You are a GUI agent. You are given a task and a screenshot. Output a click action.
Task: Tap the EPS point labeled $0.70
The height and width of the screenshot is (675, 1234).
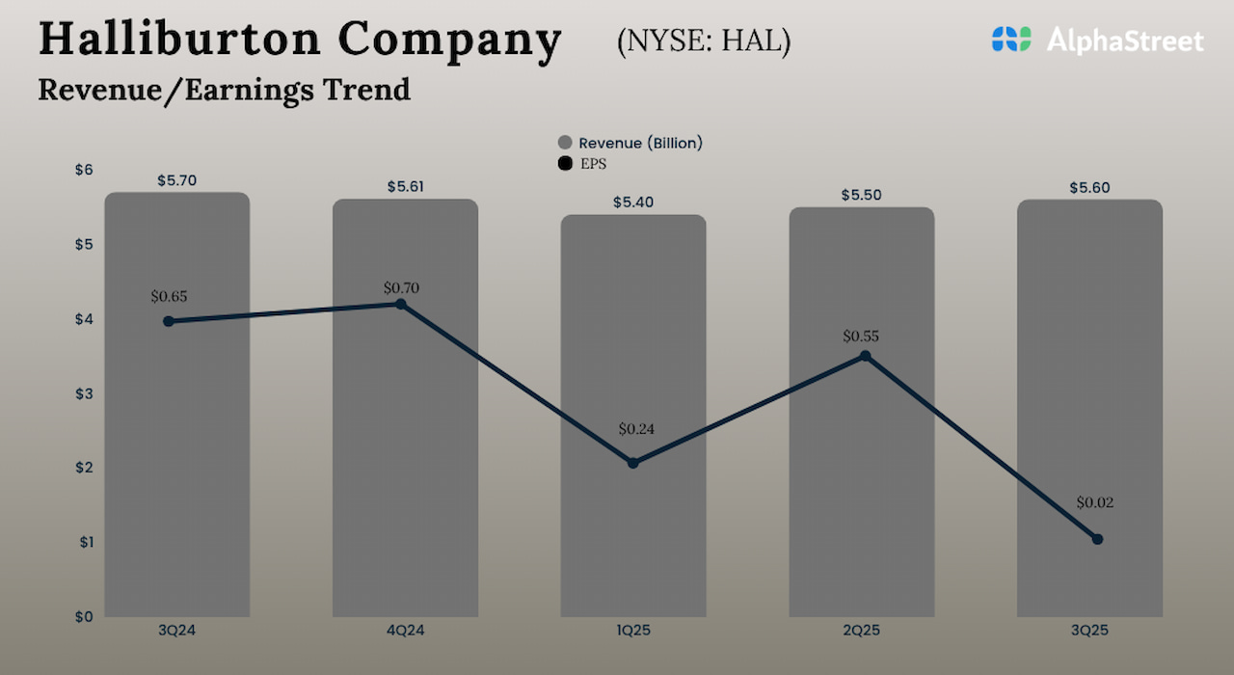click(401, 304)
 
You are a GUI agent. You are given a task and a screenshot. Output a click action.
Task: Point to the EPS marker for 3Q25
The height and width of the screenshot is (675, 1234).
click(1097, 539)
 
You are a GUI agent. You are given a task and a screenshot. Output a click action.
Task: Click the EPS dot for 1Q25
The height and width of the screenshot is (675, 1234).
click(633, 463)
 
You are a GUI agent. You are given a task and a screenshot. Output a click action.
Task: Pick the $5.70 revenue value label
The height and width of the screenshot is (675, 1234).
click(176, 180)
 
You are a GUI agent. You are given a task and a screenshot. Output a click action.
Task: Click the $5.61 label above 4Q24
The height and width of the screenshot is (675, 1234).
click(405, 187)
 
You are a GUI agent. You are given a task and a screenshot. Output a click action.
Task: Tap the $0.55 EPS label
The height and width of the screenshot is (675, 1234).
click(861, 337)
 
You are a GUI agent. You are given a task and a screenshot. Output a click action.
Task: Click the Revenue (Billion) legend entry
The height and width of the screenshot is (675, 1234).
click(630, 143)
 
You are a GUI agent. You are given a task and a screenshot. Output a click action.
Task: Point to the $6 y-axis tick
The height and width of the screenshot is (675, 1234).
click(84, 170)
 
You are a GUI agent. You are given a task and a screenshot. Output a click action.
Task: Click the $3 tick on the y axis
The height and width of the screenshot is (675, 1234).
click(84, 393)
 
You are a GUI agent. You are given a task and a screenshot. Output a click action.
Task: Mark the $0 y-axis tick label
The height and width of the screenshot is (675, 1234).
click(84, 616)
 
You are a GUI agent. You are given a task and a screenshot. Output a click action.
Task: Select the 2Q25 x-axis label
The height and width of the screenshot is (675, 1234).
click(861, 630)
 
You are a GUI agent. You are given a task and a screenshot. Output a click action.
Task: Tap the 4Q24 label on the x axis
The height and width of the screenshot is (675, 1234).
click(405, 630)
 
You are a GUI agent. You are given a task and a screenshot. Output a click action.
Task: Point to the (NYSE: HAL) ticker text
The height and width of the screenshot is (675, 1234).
click(703, 42)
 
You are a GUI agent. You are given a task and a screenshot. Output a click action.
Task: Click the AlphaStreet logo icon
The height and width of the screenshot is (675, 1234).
click(1011, 40)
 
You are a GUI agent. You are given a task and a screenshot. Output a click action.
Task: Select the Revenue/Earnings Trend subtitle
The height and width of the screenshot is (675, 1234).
click(224, 90)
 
